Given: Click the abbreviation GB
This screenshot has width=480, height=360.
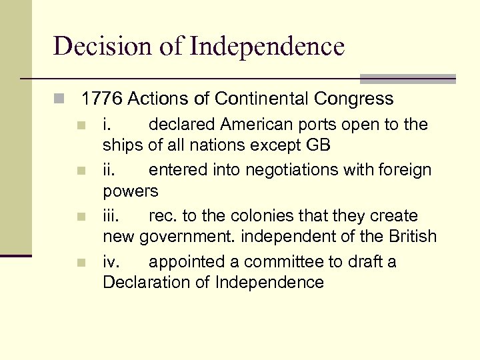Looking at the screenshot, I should coord(317,145).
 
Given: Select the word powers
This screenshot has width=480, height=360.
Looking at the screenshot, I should coord(131,191).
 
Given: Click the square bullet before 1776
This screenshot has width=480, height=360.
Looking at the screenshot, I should coord(59,100).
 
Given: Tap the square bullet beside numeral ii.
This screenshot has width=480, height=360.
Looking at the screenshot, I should coord(81,171).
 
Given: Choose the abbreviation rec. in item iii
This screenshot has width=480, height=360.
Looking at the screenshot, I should coord(163,216).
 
